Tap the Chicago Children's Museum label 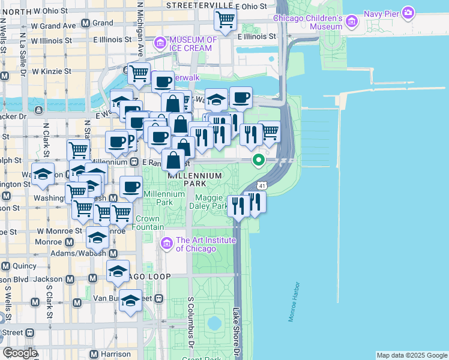307,22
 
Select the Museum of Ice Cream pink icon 160,43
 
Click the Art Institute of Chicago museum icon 167,244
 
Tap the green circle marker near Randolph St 259,160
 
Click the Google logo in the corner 20,353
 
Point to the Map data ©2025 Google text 412,355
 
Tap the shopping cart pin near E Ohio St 225,20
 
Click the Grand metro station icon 86,23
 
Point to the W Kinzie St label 52,71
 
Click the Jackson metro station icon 70,279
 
